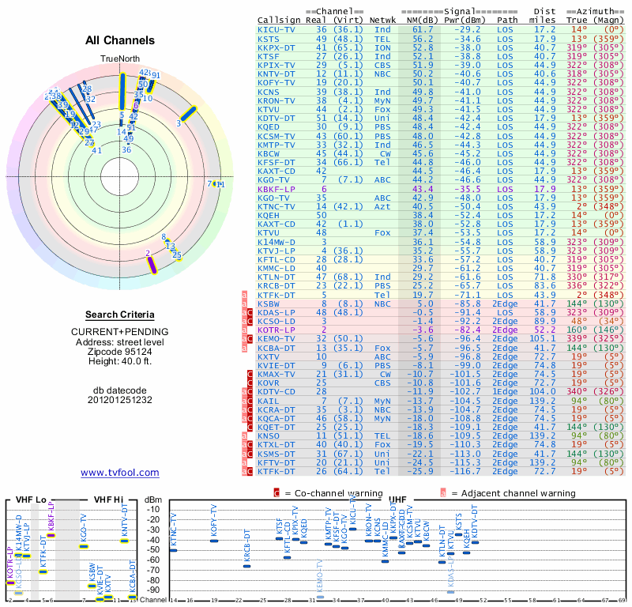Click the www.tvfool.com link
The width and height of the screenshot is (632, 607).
(120, 473)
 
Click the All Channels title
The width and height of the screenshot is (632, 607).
(120, 40)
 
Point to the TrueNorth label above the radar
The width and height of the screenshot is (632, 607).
(120, 59)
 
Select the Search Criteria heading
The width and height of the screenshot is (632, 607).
(120, 315)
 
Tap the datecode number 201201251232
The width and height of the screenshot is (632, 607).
(120, 400)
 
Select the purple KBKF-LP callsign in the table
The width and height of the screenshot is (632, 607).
(276, 190)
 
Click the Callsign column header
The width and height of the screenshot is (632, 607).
(278, 20)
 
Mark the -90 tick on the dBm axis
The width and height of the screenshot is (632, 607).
(152, 590)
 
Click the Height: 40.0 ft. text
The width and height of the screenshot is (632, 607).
(120, 360)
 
